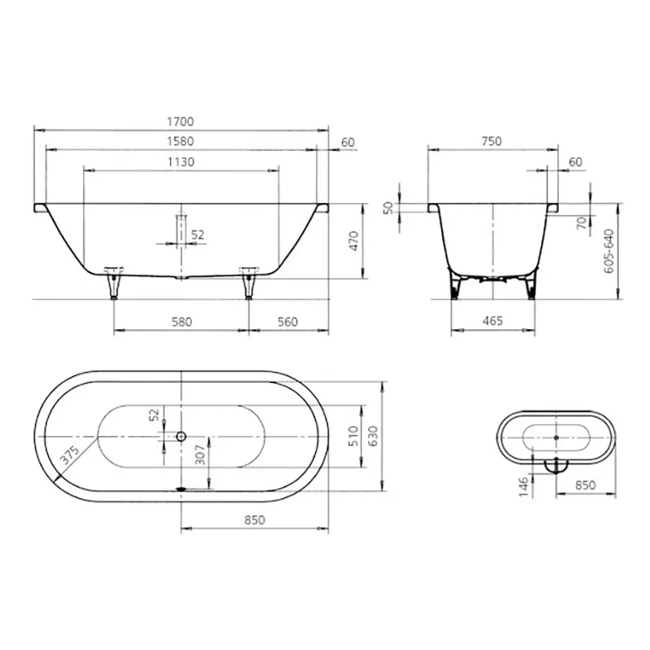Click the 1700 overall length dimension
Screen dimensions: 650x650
(x=181, y=121)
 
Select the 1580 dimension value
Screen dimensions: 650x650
(x=181, y=141)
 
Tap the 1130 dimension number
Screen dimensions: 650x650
(x=181, y=162)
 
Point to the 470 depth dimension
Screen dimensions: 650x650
(x=354, y=240)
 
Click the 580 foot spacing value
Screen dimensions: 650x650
(x=182, y=322)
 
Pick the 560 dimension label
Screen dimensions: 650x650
(x=288, y=322)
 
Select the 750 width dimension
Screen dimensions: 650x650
(x=492, y=141)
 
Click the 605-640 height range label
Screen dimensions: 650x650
(x=609, y=250)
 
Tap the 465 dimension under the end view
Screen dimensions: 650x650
(x=492, y=321)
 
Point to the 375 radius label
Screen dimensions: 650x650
(x=70, y=454)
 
